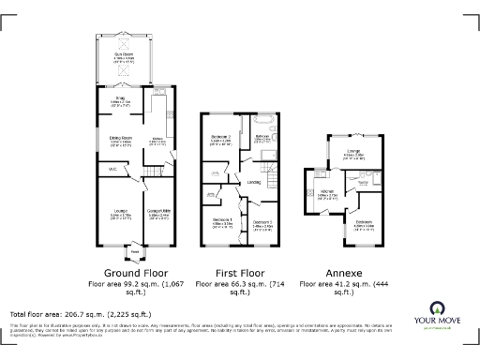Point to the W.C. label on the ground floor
pos(112,169)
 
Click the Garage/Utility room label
pos(156,214)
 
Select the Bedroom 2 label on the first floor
pos(221,141)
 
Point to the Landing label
pos(254,182)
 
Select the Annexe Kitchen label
pos(327,196)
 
